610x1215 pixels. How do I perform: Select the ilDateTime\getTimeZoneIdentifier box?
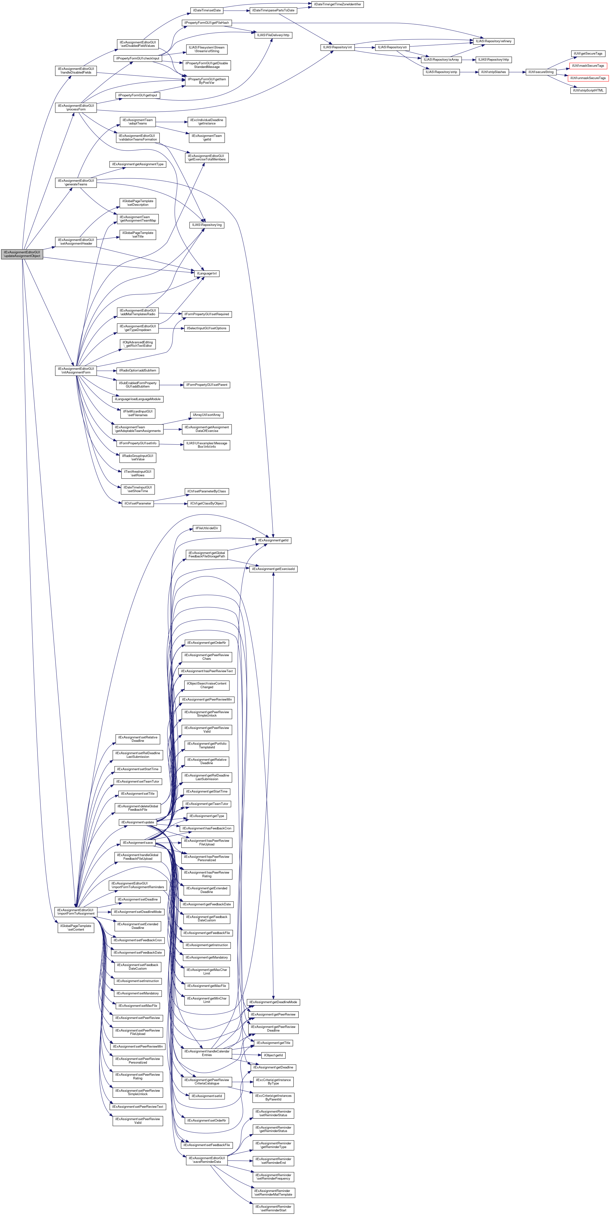[337, 4]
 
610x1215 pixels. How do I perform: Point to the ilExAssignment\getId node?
[273, 540]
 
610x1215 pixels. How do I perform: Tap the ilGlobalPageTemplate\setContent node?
[76, 927]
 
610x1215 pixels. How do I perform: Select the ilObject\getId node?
[273, 1055]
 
